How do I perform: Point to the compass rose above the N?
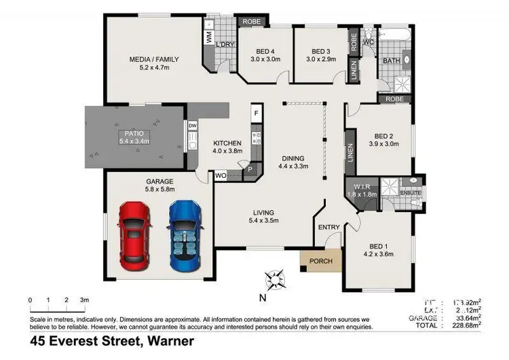[276, 278]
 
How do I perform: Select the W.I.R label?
[360, 186]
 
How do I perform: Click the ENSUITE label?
[411, 193]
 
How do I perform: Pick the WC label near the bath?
[369, 42]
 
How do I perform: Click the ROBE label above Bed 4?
[252, 22]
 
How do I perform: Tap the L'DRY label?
[225, 45]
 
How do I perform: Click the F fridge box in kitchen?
[256, 113]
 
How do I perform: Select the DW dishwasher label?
[192, 126]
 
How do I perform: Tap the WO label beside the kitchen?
[220, 175]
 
